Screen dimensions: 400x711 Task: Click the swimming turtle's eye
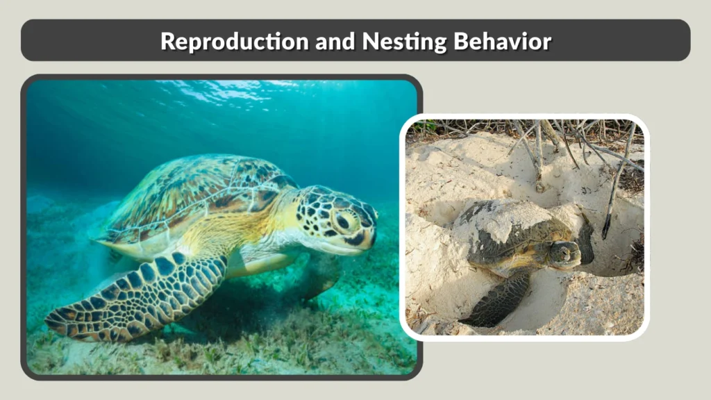tap(343, 222)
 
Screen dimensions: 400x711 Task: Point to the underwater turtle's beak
tap(368, 240)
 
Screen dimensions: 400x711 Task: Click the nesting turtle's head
tap(564, 254)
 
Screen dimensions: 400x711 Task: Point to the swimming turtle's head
tap(337, 222)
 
